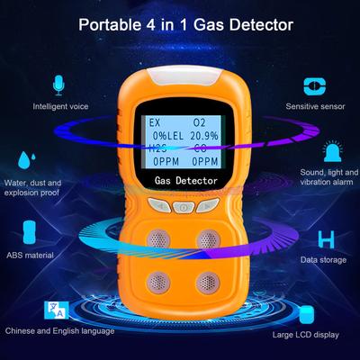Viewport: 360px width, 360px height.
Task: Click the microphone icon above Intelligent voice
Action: tap(58, 85)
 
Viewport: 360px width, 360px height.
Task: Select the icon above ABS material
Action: tap(30, 232)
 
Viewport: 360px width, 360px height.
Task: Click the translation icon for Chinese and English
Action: tap(57, 310)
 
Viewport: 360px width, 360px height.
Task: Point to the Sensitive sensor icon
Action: tap(315, 86)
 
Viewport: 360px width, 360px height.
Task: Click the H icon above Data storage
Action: tap(326, 239)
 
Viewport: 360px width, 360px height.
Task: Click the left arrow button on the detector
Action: tap(160, 205)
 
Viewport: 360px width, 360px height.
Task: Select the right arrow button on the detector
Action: tap(208, 205)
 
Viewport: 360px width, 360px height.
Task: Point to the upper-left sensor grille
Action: tap(158, 239)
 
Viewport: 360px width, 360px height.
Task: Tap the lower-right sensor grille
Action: tap(208, 283)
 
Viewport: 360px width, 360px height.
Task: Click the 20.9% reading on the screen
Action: tap(204, 136)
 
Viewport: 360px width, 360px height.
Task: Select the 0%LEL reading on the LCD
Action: tap(168, 136)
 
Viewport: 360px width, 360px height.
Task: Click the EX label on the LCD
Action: tap(155, 122)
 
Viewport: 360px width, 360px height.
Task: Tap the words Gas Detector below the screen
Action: tap(186, 181)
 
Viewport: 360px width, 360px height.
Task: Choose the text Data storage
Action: tap(323, 260)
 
